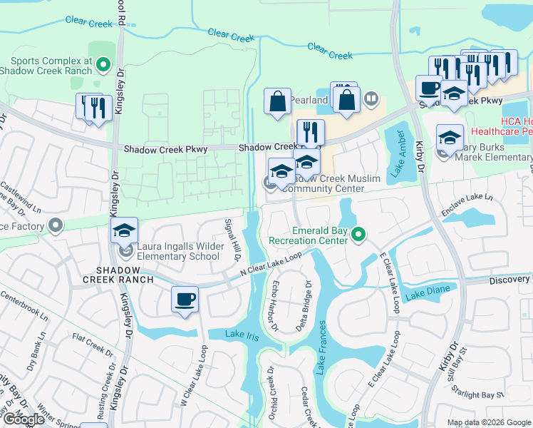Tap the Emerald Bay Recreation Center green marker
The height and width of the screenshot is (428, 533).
pyautogui.click(x=360, y=235)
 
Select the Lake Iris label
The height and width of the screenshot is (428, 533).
pyautogui.click(x=240, y=335)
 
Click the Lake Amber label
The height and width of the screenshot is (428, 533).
pyautogui.click(x=398, y=153)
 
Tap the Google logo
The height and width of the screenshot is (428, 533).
pyautogui.click(x=24, y=419)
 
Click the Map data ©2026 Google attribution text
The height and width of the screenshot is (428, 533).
pyautogui.click(x=488, y=422)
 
